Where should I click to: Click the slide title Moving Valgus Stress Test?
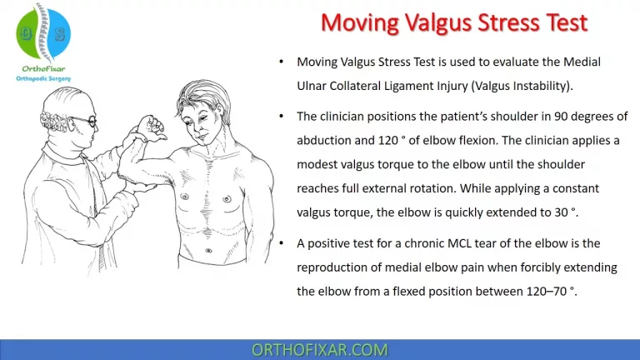(454, 22)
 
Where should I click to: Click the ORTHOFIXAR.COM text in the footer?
(320, 349)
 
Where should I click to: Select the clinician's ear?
(70, 126)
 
